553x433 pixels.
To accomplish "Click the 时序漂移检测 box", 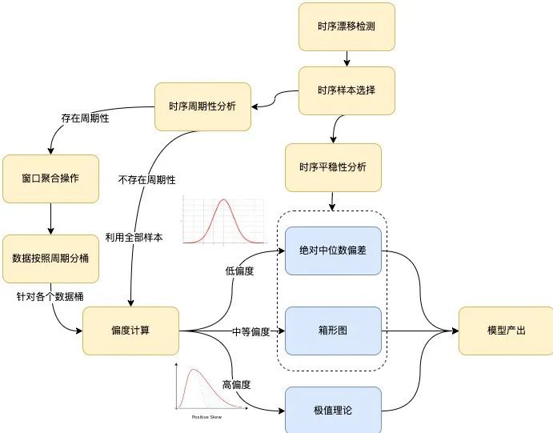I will click(x=347, y=26).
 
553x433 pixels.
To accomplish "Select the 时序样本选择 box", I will click(x=347, y=90).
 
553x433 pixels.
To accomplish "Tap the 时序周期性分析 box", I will click(x=202, y=106).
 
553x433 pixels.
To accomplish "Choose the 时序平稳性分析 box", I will click(x=333, y=167).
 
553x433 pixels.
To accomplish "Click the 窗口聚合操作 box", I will click(x=51, y=178).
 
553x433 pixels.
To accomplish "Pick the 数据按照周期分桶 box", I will click(x=51, y=259).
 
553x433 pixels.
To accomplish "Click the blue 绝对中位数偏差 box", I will click(x=333, y=251).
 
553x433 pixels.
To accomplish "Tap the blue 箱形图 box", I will click(x=333, y=330).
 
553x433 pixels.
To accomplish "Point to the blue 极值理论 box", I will click(x=333, y=409).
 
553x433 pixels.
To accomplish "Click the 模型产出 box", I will click(x=506, y=330).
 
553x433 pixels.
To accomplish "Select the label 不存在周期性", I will click(x=146, y=179).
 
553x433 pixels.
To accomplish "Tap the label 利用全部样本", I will click(x=134, y=237).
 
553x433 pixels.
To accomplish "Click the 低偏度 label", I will click(x=240, y=271).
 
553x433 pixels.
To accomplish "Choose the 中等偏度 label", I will click(x=250, y=331).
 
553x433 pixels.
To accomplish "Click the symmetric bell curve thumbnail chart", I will click(x=223, y=219).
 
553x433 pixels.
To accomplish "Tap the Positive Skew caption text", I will click(x=206, y=417).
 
